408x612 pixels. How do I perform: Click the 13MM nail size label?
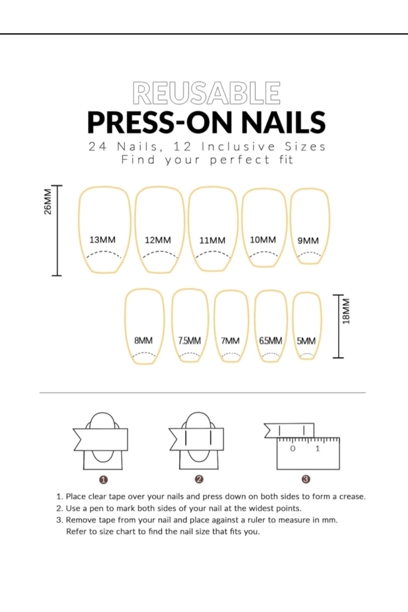point(102,240)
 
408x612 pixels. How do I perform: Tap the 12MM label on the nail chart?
point(158,240)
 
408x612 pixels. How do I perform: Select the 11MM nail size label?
point(212,240)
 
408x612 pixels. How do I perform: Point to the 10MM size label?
point(263,240)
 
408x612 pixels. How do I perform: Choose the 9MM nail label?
point(308,241)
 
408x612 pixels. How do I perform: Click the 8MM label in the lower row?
point(143,340)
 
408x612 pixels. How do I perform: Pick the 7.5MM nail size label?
point(189,341)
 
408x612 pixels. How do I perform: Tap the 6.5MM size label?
point(270,341)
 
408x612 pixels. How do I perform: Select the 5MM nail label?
point(306,341)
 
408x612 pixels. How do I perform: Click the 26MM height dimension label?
point(48,202)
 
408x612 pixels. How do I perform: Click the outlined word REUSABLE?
point(207,92)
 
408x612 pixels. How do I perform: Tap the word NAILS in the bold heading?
point(283,122)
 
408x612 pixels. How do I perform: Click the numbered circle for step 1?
point(104,479)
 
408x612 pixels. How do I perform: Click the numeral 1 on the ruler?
point(318,448)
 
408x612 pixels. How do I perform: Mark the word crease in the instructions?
point(352,496)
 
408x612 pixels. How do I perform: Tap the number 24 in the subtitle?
point(97,147)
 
